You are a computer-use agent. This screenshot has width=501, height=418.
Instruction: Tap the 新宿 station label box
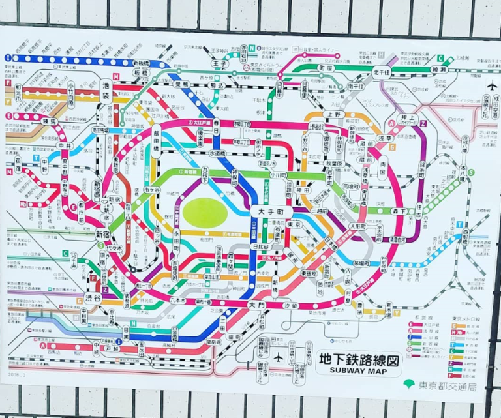point(102,233)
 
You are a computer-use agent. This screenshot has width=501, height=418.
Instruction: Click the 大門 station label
point(257,304)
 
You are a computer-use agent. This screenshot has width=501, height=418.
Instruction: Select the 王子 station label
point(219,63)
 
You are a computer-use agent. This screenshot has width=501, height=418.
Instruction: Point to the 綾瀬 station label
point(457,69)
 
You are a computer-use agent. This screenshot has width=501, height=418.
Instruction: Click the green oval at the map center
point(203,212)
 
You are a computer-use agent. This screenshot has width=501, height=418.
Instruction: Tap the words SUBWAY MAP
point(358,371)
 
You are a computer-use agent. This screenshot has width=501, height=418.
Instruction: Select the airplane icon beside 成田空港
point(491,85)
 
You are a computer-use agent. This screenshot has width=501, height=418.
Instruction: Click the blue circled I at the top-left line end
point(8,58)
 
